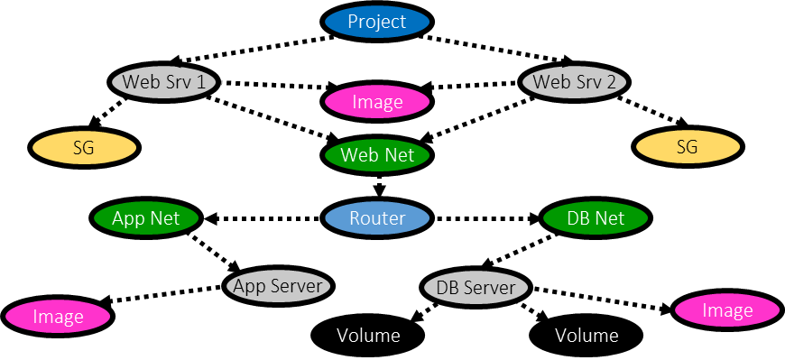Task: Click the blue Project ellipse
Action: pos(377,22)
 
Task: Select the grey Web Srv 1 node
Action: pos(164,82)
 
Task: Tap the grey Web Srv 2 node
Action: pos(575,82)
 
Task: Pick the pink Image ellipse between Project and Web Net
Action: pos(377,102)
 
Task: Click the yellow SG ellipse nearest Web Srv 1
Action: pos(84,148)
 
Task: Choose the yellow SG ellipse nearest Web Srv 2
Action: pos(688,147)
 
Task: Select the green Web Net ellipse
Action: pos(377,155)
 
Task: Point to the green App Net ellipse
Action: pos(146,218)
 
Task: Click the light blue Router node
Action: pos(377,218)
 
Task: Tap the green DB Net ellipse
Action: pos(596,218)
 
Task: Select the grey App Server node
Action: pos(278,287)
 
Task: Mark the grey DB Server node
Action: pos(476,288)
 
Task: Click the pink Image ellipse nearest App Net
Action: pos(58,317)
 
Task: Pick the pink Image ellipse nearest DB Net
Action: pos(727,310)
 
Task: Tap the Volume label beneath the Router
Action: pos(368,336)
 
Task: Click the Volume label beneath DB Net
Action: pos(586,336)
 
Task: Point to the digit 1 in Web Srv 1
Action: pos(200,82)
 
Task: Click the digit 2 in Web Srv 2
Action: pos(611,82)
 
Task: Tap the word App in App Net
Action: pos(128,218)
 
